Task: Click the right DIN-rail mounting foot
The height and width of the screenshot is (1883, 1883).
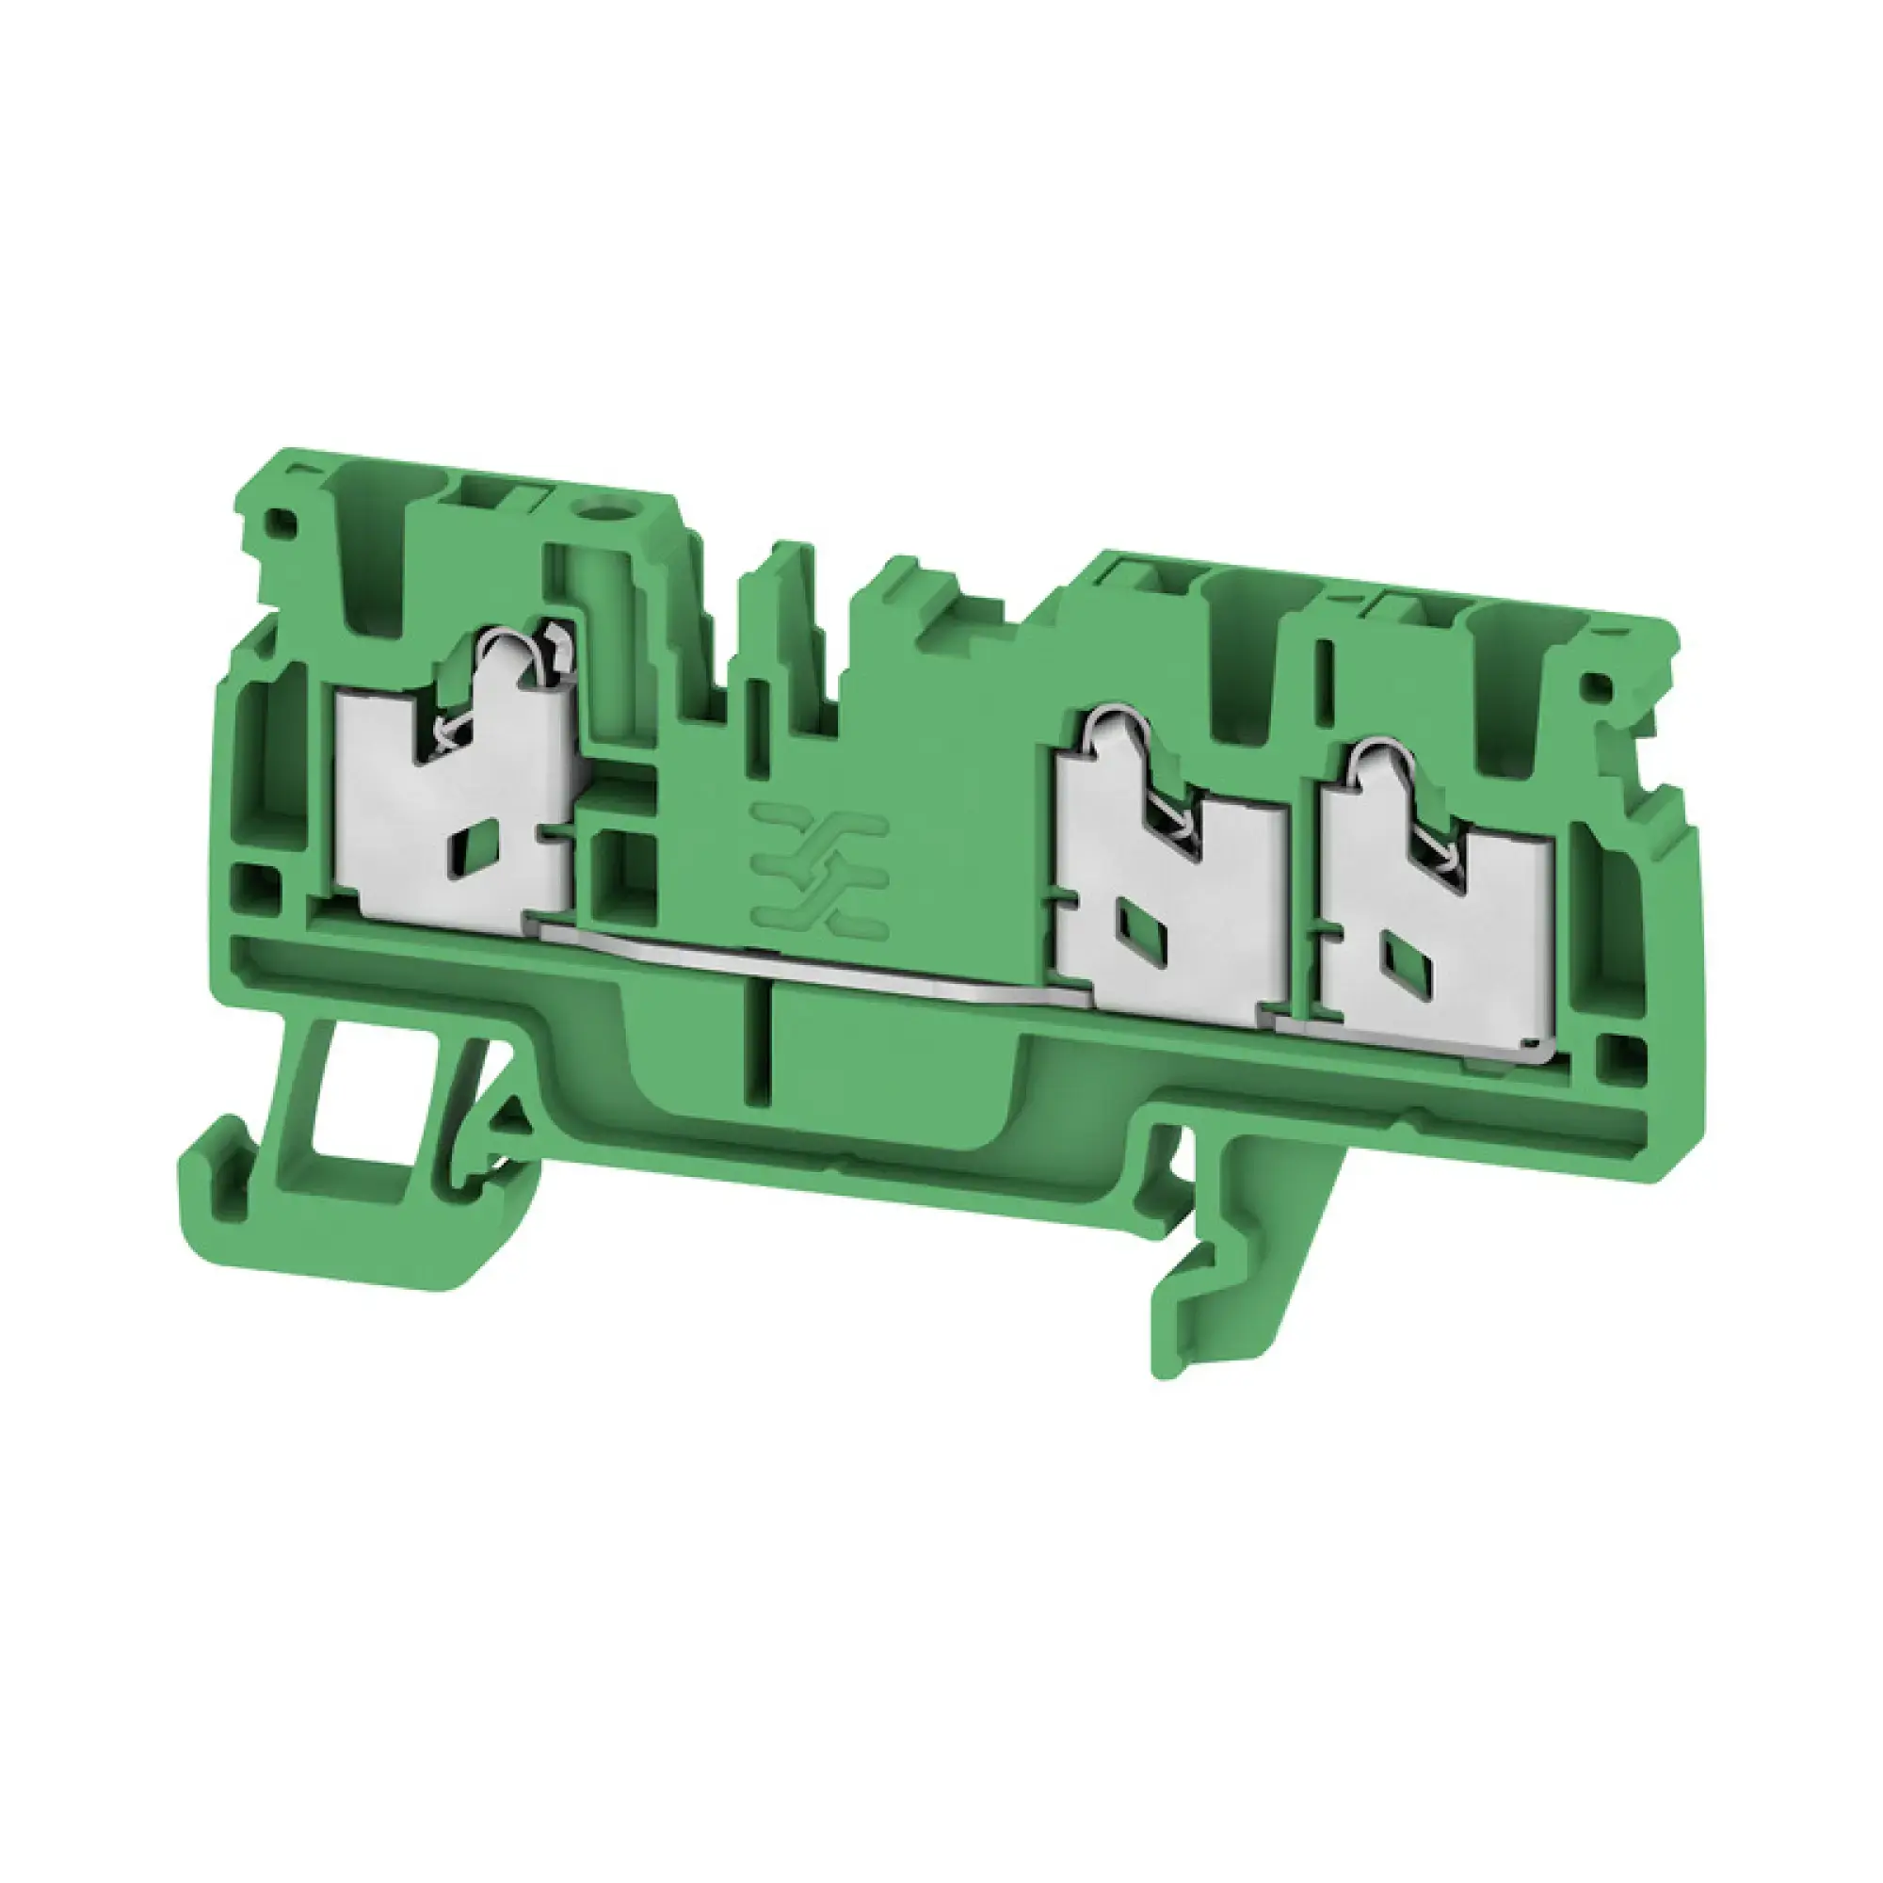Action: pos(1238,1267)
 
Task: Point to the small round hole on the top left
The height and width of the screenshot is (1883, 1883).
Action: pos(593,507)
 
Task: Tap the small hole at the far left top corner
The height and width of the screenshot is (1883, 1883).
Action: pos(283,522)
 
